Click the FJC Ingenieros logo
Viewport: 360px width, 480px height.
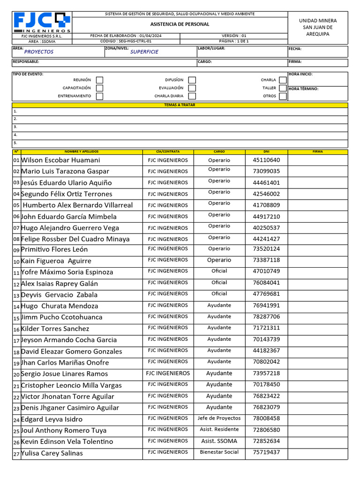click(42, 22)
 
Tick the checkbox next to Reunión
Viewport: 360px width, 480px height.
click(99, 80)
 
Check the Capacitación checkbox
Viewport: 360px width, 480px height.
click(99, 88)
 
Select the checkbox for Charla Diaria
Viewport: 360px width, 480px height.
click(192, 96)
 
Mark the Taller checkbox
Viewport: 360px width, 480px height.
click(282, 88)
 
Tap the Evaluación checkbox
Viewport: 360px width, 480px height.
click(192, 88)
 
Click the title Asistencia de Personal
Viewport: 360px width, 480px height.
click(180, 24)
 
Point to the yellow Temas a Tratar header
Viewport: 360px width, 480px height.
click(180, 105)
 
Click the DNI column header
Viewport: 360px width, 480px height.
click(266, 152)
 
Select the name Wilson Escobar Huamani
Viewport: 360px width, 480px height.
click(60, 160)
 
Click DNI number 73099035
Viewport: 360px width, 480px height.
click(266, 172)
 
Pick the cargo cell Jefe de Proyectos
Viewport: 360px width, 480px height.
click(219, 418)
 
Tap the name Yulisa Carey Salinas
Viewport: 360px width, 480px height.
click(52, 453)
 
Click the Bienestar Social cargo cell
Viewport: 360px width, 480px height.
click(219, 452)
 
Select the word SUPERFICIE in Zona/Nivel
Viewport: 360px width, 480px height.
click(144, 52)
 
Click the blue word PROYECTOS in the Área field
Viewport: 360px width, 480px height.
click(38, 52)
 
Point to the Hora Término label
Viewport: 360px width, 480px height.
click(304, 89)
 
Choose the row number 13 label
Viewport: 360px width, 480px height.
click(16, 295)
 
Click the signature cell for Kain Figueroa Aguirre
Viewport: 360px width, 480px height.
click(317, 261)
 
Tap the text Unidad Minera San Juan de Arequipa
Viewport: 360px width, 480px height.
click(317, 27)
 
